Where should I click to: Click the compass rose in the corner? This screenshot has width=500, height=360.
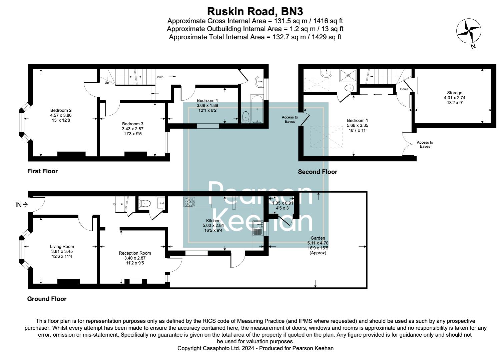point(469,31)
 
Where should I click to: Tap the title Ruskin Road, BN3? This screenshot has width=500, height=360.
point(255,11)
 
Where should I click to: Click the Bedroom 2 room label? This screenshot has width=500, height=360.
point(61,110)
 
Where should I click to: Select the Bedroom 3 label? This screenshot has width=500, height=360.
point(133,124)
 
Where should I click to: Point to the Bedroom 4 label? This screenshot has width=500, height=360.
point(207,101)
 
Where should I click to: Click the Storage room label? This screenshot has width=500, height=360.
point(454,93)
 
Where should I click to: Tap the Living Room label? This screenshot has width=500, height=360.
point(62,246)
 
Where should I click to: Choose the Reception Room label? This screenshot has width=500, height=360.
point(135,253)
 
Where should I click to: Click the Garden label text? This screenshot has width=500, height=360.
point(318,238)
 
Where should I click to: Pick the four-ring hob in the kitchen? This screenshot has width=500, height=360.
point(189,202)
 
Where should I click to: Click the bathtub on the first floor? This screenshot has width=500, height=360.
point(257,109)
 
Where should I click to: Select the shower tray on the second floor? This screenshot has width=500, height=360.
point(348,75)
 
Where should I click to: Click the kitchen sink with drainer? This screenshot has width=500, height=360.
point(258,228)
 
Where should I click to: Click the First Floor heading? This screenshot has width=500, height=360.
point(42,171)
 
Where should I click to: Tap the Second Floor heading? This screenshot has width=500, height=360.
point(318,172)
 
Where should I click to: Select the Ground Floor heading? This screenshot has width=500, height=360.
point(47,299)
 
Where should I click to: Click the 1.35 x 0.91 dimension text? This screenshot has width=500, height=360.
point(283,203)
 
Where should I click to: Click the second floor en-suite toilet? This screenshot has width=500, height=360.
point(350,88)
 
